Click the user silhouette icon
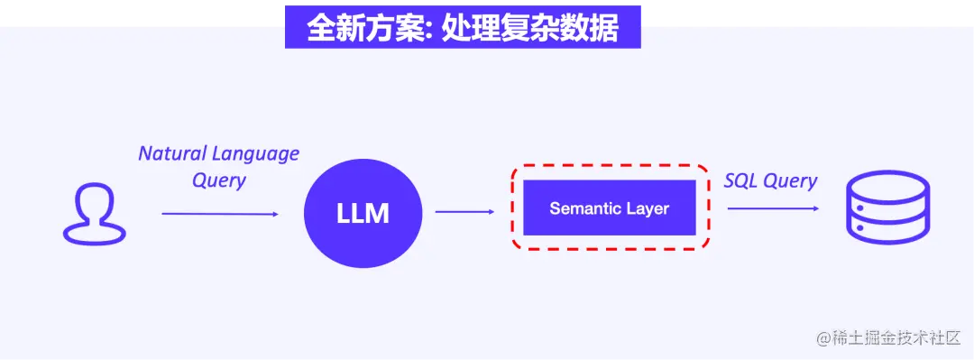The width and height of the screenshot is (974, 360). [x=93, y=214]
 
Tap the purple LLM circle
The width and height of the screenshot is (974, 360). [x=363, y=214]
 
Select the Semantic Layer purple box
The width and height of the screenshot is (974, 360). [x=610, y=208]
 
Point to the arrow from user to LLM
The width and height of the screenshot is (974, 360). [x=220, y=214]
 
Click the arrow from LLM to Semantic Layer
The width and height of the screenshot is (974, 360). [x=464, y=212]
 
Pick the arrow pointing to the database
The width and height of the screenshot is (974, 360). [x=773, y=208]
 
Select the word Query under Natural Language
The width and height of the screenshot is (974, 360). [x=219, y=180]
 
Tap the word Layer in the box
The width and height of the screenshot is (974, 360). [x=648, y=208]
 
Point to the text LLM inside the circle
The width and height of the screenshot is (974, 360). [x=363, y=214]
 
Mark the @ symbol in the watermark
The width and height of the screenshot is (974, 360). [x=822, y=339]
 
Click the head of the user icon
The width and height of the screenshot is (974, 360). [x=93, y=201]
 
